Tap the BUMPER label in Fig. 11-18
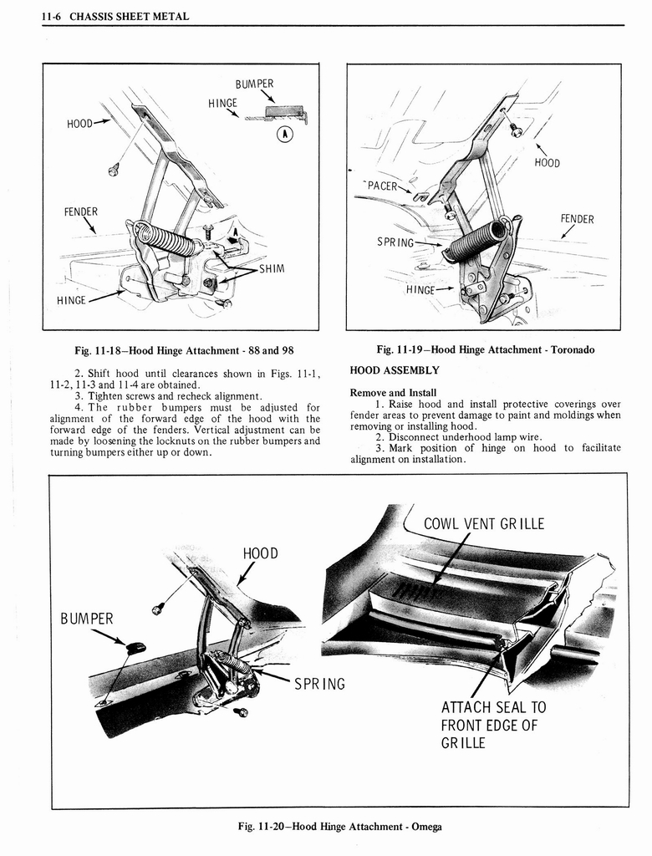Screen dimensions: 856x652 tap(254, 84)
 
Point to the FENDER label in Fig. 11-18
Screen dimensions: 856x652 tap(81, 211)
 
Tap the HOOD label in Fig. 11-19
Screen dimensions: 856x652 tap(547, 163)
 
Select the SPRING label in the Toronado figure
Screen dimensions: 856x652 tap(395, 242)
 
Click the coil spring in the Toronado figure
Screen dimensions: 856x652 tap(476, 241)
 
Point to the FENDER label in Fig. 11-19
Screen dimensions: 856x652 tap(577, 219)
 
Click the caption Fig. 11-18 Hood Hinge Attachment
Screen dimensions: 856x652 tap(183, 349)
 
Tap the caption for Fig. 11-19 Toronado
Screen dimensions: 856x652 tap(486, 349)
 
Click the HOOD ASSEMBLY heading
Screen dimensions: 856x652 tap(394, 369)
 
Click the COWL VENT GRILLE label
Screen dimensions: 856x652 tap(483, 524)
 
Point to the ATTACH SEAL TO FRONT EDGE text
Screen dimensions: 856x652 tap(492, 724)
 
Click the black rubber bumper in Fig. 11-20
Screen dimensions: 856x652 tap(135, 647)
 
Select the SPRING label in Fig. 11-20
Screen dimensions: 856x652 tap(319, 684)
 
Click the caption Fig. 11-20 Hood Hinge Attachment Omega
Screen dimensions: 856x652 tap(339, 827)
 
